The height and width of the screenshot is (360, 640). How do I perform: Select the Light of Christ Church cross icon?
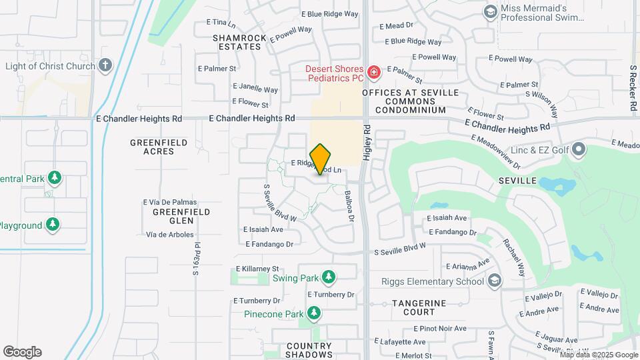click(x=105, y=65)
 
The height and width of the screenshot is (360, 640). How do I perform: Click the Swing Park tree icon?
click(x=327, y=277)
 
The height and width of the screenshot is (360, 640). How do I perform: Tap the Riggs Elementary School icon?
click(x=494, y=281)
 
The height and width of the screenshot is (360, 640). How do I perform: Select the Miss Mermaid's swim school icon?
click(x=491, y=12)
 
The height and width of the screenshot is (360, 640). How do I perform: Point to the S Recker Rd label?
click(x=632, y=88)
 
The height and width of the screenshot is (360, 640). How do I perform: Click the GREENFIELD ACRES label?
click(x=152, y=147)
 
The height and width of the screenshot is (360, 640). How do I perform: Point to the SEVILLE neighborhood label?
click(x=517, y=181)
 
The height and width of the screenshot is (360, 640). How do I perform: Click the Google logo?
click(x=22, y=351)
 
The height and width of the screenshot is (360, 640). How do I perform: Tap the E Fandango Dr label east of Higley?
click(x=453, y=232)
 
